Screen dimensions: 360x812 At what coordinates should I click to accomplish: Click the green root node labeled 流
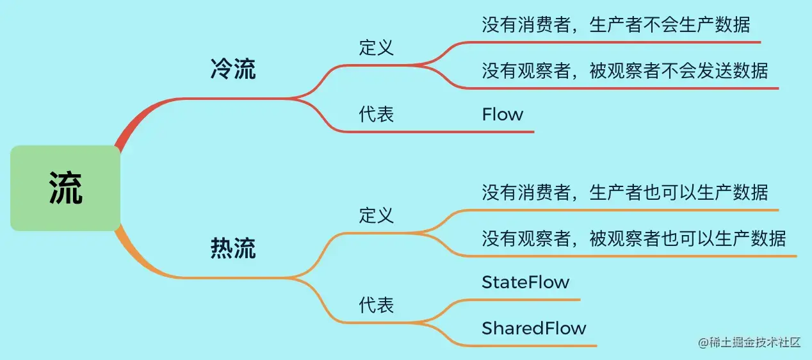65,188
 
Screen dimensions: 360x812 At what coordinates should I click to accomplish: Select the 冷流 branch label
233,70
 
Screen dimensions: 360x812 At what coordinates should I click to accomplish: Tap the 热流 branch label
233,249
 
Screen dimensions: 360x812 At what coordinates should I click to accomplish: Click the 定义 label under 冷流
377,47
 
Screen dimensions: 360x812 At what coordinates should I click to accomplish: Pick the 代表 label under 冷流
377,114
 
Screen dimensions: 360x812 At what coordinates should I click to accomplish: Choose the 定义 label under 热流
377,215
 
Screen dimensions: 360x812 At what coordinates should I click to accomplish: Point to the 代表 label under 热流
377,305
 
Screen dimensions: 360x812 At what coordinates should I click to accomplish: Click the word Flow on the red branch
503,115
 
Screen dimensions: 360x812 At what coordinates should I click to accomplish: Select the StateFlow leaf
525,282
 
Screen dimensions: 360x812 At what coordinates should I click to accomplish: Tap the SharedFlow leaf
534,329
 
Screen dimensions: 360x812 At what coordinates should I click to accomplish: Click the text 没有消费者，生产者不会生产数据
615,25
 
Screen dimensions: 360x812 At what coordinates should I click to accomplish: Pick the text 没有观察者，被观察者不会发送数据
624,70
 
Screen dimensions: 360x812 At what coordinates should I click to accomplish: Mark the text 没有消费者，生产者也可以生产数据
624,192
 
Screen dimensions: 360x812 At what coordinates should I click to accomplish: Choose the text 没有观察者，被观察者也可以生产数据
633,238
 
